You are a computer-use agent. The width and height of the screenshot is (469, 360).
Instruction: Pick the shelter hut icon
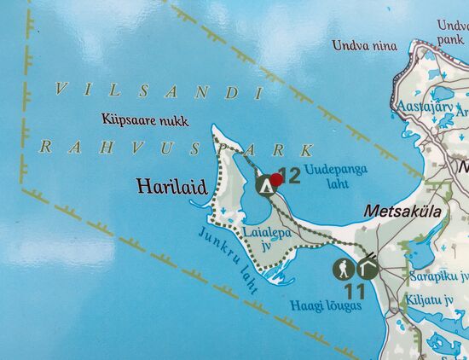click(368, 268)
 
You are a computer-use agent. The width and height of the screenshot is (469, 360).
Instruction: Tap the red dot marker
click(276, 178)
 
